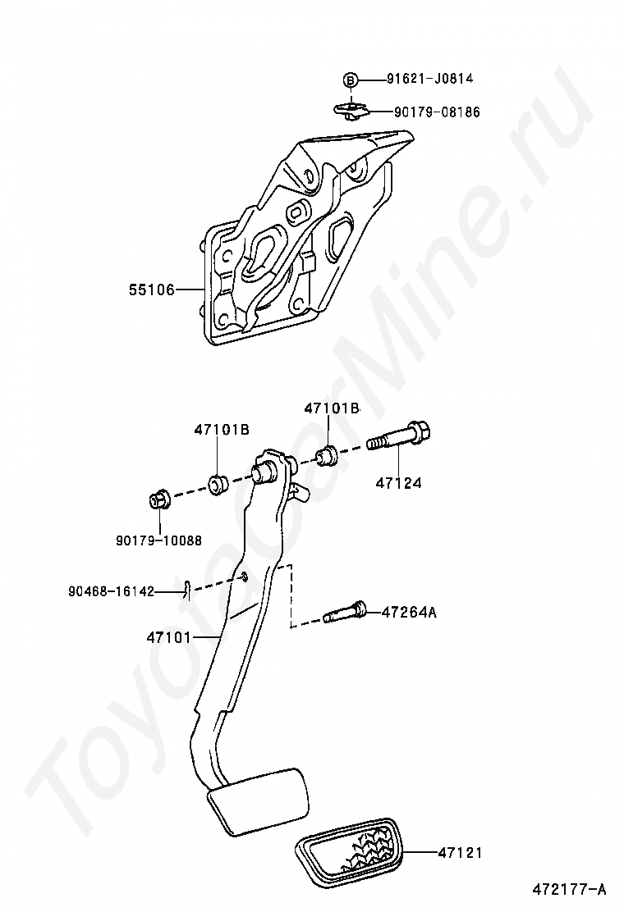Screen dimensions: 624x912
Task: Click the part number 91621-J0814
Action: [x=430, y=80]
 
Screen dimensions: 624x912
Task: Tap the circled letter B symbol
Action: [x=351, y=80]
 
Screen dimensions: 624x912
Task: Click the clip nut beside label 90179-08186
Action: [x=351, y=108]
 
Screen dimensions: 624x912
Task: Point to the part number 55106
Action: [x=151, y=290]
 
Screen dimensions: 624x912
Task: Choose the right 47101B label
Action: [x=332, y=408]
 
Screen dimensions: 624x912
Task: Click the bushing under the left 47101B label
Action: [x=218, y=484]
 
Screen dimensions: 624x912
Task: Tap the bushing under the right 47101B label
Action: [x=328, y=454]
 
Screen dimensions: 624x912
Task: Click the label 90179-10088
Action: [x=158, y=540]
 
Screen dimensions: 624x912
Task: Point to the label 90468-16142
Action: [x=111, y=591]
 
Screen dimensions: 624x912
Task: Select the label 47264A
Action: [x=409, y=612]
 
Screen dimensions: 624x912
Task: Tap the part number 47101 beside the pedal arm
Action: [x=168, y=636]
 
